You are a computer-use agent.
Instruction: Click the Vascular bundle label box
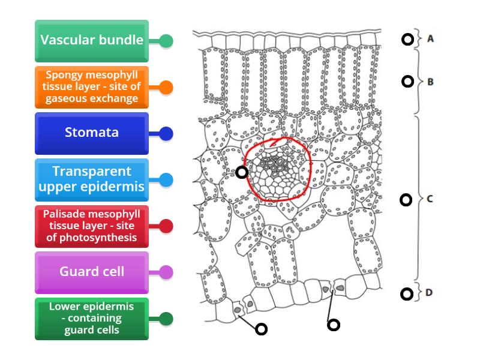(92, 41)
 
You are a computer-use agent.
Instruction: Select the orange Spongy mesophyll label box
(92, 87)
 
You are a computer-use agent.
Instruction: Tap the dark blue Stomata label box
(92, 133)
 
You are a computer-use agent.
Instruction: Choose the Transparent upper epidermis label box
(92, 179)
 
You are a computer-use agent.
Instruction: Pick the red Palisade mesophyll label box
(92, 226)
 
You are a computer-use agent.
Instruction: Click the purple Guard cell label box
(92, 272)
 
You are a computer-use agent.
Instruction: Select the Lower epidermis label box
(92, 318)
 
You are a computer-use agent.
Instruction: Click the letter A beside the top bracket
(430, 38)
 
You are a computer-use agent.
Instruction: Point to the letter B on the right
(430, 81)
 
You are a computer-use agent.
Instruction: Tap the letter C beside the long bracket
(430, 199)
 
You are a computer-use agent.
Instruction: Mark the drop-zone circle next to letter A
(407, 40)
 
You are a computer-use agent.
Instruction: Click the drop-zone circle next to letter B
(407, 81)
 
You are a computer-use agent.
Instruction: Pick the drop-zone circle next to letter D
(407, 293)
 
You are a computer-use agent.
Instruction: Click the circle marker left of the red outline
(241, 172)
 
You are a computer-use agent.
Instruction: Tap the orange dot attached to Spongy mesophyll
(166, 88)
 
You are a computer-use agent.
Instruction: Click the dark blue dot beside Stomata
(166, 133)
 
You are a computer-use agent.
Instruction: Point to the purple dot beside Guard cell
(166, 272)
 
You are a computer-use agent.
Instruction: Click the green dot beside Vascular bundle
(166, 41)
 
